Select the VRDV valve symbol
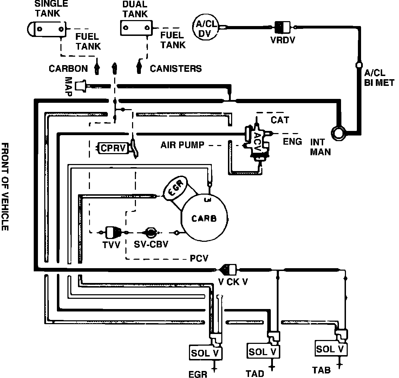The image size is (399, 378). click(283, 26)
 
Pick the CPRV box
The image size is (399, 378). click(113, 148)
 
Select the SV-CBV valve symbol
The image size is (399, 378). click(150, 232)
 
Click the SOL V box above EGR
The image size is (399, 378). click(206, 353)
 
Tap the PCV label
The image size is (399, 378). click(199, 259)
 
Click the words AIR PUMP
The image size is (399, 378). click(182, 145)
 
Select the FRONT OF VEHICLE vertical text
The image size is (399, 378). click(5, 187)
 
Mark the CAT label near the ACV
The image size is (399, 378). click(280, 120)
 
